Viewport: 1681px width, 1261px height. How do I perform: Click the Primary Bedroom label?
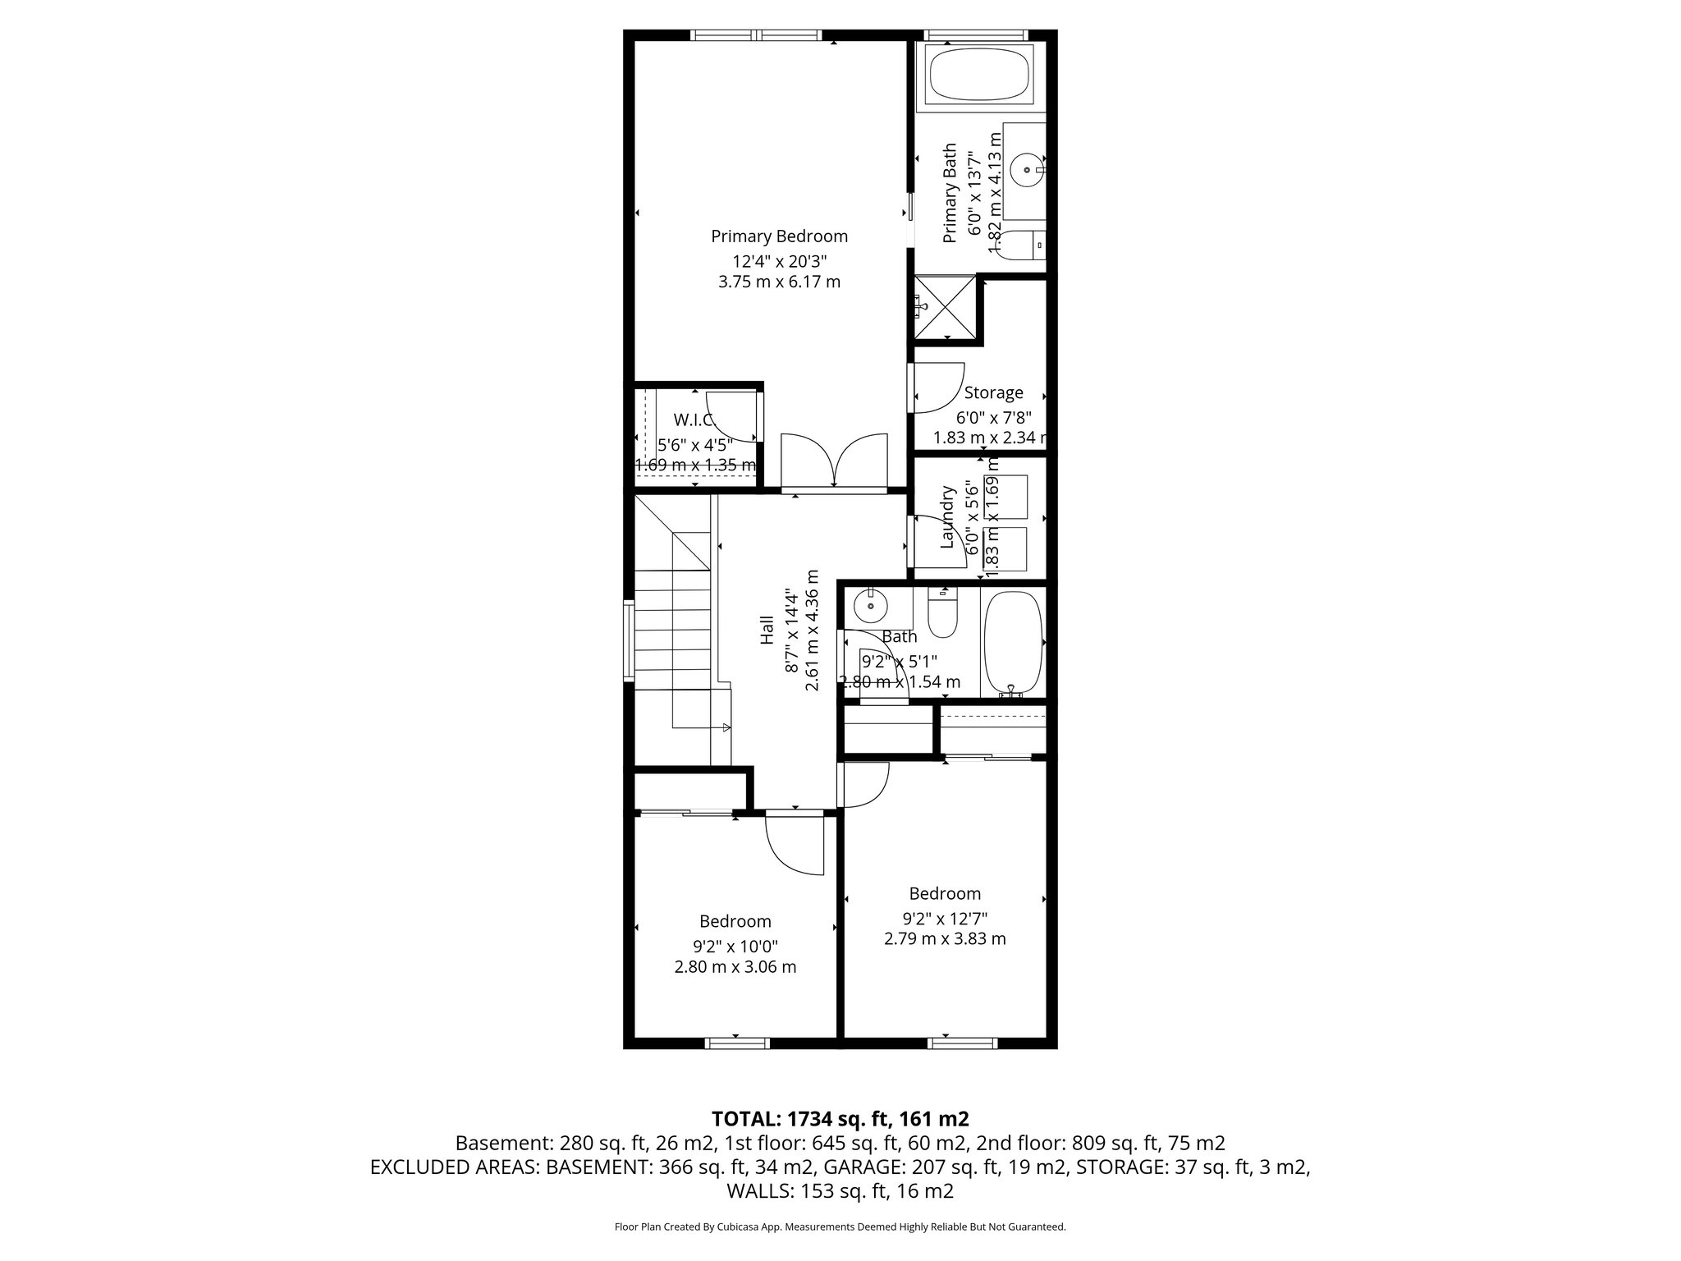pyautogui.click(x=779, y=237)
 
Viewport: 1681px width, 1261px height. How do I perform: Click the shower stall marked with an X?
pyautogui.click(x=946, y=308)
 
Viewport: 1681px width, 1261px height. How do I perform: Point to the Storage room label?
pyautogui.click(x=993, y=393)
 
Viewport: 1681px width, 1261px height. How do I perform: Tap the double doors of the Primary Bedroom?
pyautogui.click(x=834, y=462)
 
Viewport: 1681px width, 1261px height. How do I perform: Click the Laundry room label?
pyautogui.click(x=948, y=517)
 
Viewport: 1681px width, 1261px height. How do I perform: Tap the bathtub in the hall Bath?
pyautogui.click(x=1012, y=643)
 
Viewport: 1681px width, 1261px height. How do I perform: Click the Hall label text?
pyautogui.click(x=767, y=630)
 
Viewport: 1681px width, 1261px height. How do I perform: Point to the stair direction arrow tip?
pyautogui.click(x=727, y=727)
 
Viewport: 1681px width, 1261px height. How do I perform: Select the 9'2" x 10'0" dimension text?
pyautogui.click(x=735, y=946)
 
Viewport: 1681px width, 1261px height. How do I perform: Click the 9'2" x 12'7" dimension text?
pyautogui.click(x=944, y=918)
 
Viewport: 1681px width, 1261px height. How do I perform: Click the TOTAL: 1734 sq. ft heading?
pyautogui.click(x=840, y=1118)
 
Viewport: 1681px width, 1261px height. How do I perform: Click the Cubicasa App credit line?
pyautogui.click(x=840, y=1227)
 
